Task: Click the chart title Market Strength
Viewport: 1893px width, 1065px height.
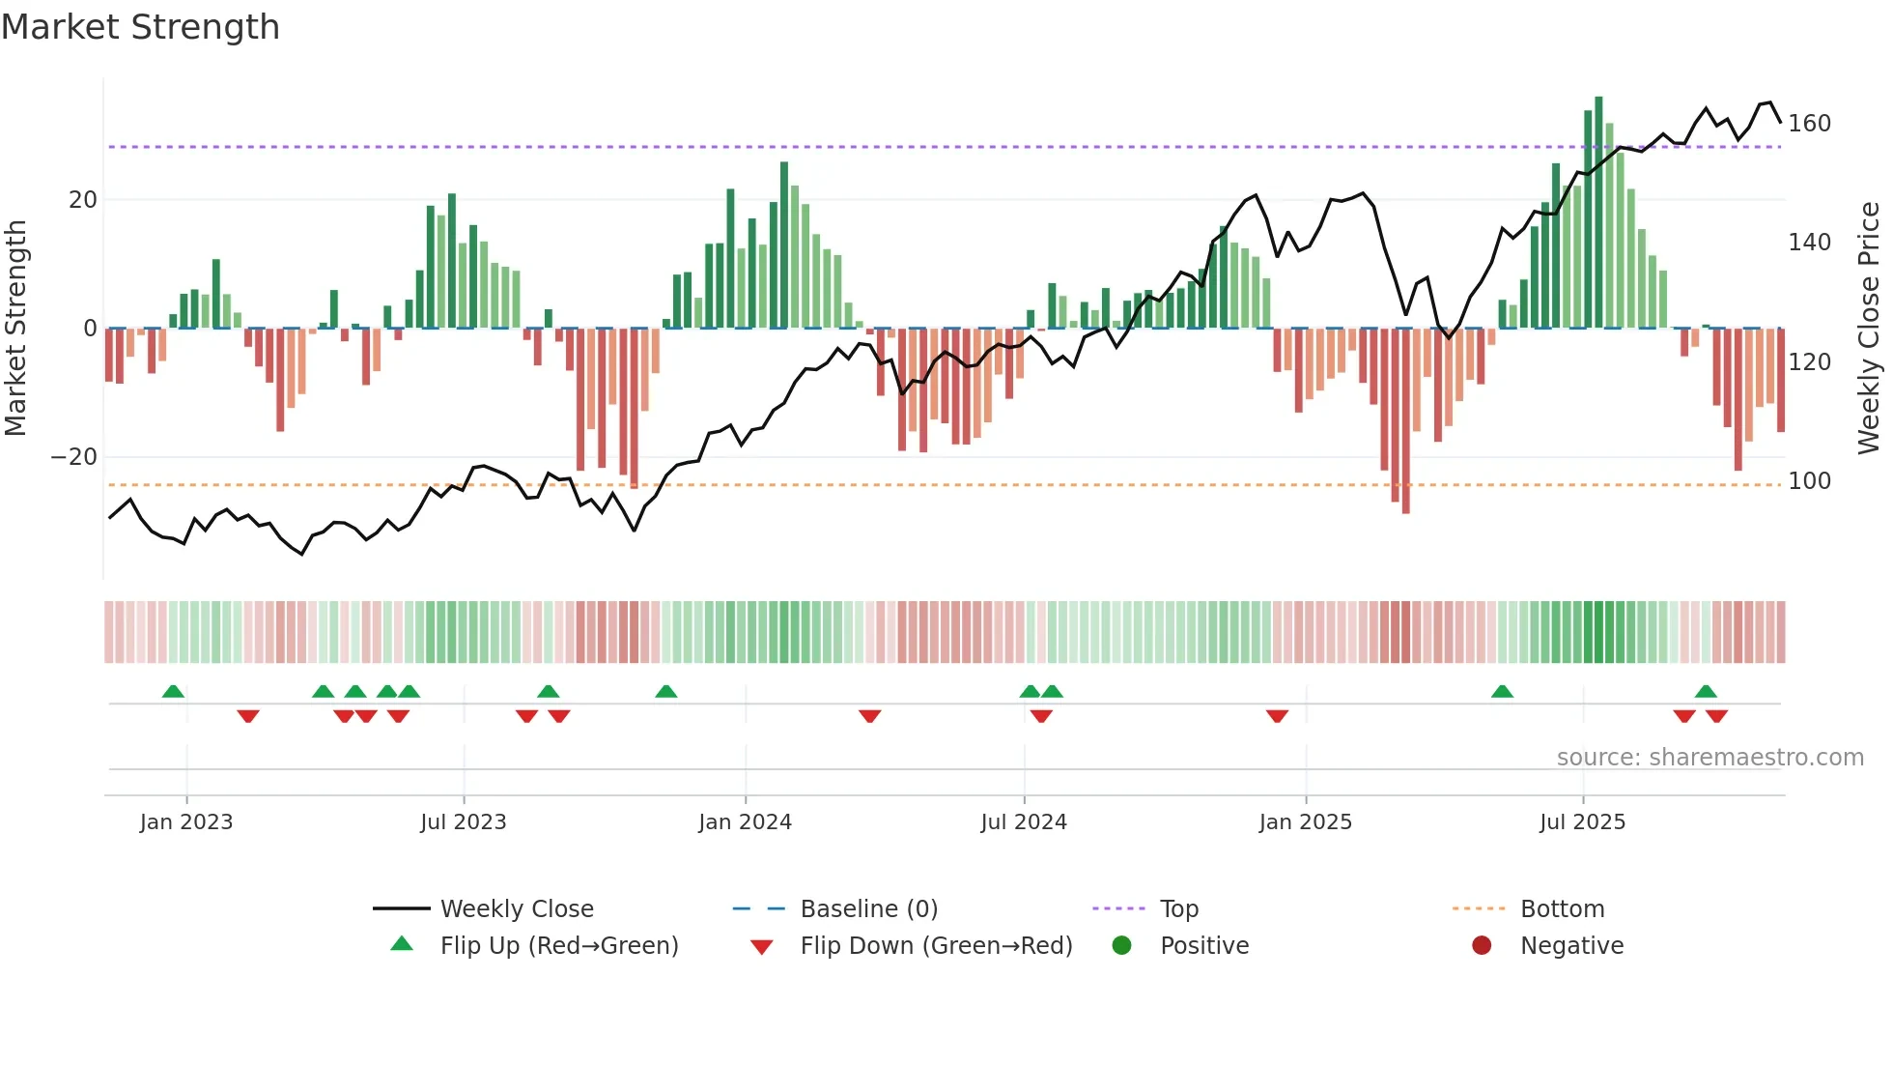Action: [x=140, y=27]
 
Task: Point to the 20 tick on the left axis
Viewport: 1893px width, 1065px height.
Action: [x=83, y=200]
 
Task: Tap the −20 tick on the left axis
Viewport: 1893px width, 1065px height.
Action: [x=74, y=457]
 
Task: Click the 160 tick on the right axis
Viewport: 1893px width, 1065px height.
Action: [x=1809, y=124]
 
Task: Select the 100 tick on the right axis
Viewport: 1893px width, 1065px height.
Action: [x=1809, y=481]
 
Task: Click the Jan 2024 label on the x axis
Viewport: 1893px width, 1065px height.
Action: [x=745, y=822]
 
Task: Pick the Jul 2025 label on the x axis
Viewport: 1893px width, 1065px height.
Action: [x=1582, y=822]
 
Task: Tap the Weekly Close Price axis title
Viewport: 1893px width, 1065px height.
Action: [x=1869, y=329]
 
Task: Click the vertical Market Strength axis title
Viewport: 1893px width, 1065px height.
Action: [x=15, y=329]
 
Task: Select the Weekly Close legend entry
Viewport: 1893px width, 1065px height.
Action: [x=516, y=909]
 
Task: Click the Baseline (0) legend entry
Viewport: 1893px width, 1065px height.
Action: [x=868, y=909]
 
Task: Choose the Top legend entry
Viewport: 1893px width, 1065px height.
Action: [x=1178, y=909]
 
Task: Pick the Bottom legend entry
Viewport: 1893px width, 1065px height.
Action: [x=1562, y=909]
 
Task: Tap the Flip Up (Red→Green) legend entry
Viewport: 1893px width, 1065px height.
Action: [x=558, y=946]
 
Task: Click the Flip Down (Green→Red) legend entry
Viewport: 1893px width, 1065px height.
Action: [x=935, y=946]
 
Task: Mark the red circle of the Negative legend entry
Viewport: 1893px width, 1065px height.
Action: [x=1482, y=946]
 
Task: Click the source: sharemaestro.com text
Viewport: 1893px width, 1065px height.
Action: [x=1709, y=758]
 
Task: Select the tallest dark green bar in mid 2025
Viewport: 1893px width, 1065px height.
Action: [x=1598, y=213]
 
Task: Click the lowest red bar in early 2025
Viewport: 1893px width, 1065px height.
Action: [x=1405, y=421]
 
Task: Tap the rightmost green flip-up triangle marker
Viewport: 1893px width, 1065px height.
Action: [x=1706, y=692]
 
